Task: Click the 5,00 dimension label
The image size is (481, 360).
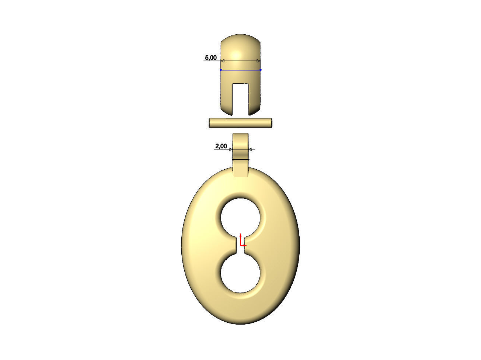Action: (210, 58)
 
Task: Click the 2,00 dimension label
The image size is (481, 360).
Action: (221, 146)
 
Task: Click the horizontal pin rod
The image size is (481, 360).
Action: (241, 123)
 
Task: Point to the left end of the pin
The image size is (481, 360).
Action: (210, 123)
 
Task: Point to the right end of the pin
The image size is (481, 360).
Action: (271, 123)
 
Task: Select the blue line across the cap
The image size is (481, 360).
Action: (241, 70)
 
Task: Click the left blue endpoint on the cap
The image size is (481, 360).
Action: (221, 70)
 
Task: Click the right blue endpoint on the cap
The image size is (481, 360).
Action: (261, 70)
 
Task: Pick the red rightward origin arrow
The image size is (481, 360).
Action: (245, 245)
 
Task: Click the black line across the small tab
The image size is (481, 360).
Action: (241, 159)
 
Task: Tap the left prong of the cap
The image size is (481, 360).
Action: (226, 98)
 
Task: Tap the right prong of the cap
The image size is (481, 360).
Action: (255, 98)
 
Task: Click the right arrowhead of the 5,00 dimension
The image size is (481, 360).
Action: (258, 61)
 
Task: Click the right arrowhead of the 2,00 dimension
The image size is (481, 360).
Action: (251, 149)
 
